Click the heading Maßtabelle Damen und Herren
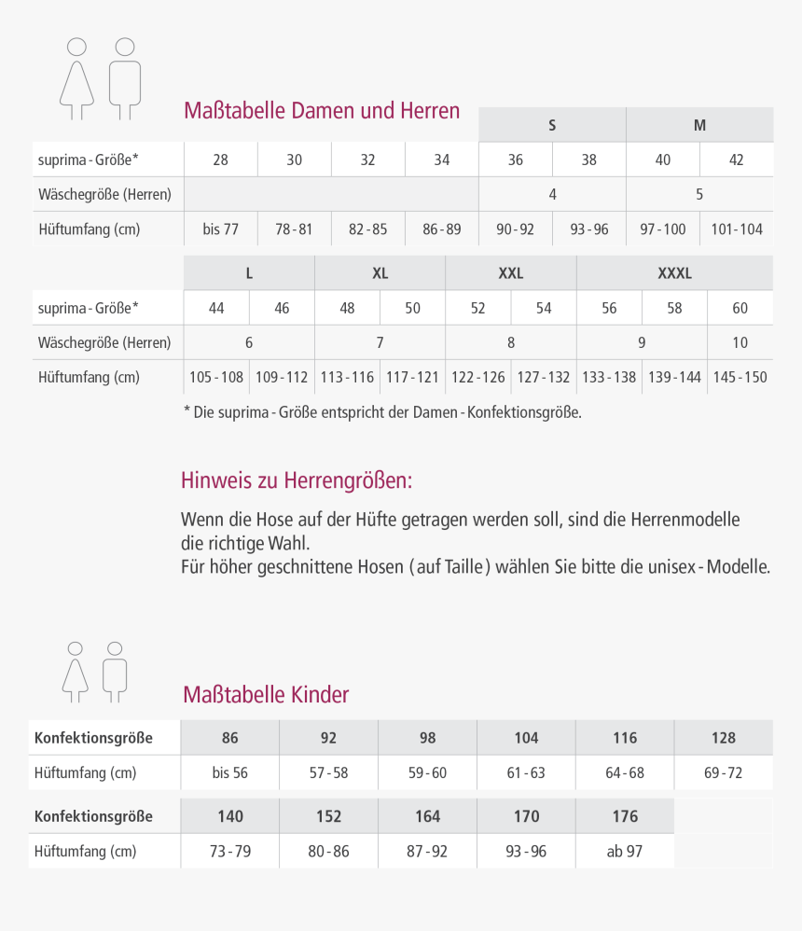[322, 111]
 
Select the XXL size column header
[511, 273]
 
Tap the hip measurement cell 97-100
[662, 229]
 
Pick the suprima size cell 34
[442, 160]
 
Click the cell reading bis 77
[220, 229]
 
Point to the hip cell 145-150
[740, 377]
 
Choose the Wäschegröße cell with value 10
[740, 342]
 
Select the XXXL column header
[674, 273]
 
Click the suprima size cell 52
[477, 308]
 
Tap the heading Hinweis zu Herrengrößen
[296, 481]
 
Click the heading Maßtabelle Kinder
[266, 695]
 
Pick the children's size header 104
[526, 738]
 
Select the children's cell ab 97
[624, 851]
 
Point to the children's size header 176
[625, 816]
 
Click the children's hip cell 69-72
[723, 772]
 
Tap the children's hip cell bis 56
[229, 772]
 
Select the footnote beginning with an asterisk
[382, 411]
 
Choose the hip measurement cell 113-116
[347, 377]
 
